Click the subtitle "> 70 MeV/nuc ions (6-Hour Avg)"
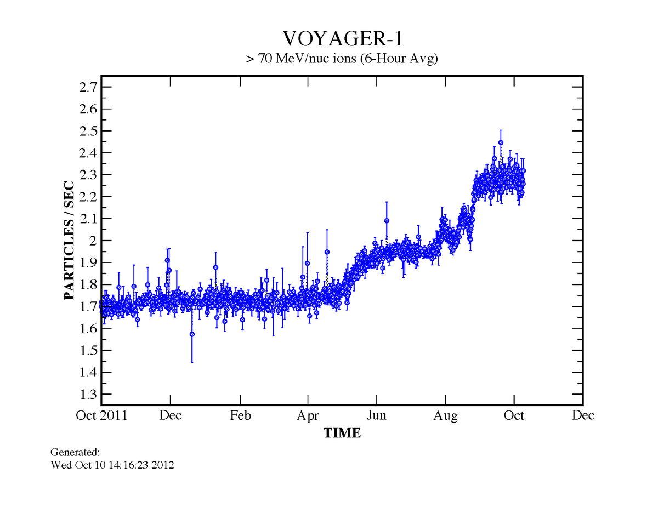point(342,59)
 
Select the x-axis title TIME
point(342,433)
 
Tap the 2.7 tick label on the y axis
point(88,87)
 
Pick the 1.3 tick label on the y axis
point(88,395)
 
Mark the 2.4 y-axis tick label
point(88,153)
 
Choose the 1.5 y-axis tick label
point(88,351)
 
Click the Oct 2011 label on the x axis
point(101,415)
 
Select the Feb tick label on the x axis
point(241,415)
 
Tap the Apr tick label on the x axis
point(308,415)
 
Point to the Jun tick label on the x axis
point(377,415)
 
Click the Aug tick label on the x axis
point(446,415)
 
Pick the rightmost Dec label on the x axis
point(583,415)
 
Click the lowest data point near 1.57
point(192,334)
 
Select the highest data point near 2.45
point(501,142)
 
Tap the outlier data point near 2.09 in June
point(387,221)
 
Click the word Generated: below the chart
point(75,453)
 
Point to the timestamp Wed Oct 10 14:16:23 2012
point(112,466)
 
